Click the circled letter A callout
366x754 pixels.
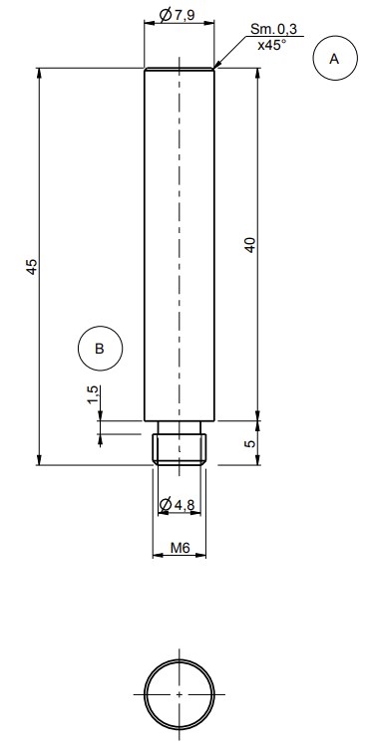coord(335,58)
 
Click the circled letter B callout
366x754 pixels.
coord(100,349)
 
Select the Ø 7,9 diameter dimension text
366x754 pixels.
coord(177,15)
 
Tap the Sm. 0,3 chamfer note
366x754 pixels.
coord(273,28)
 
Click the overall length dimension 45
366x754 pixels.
coord(31,266)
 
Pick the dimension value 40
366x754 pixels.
coord(250,245)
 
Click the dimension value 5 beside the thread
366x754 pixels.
coord(249,443)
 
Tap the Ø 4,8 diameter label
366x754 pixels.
coord(177,504)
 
